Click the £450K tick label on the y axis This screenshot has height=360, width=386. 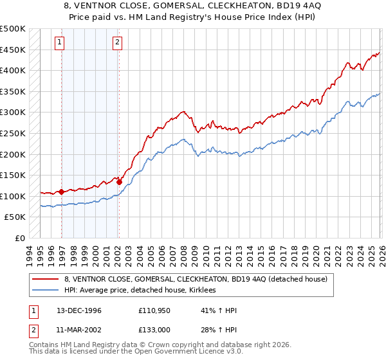[13, 50]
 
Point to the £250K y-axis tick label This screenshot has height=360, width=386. [13, 133]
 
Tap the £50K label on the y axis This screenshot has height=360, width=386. [15, 217]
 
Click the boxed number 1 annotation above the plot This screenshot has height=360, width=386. [59, 43]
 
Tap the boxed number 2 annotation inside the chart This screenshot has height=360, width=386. [118, 43]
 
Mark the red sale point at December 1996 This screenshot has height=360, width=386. [62, 192]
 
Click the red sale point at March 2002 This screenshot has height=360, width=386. [120, 182]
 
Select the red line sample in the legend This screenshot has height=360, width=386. [46, 279]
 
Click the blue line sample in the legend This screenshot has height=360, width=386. [46, 291]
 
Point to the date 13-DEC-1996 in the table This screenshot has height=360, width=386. [79, 310]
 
